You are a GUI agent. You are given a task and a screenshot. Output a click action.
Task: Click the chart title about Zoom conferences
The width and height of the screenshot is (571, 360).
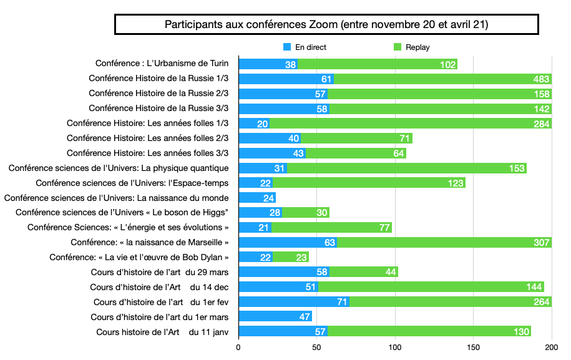coord(326,25)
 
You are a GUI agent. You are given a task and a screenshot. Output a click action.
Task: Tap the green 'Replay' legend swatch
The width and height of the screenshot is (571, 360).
coord(398,47)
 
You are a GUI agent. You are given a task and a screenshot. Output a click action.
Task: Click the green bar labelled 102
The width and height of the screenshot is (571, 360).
coord(378,64)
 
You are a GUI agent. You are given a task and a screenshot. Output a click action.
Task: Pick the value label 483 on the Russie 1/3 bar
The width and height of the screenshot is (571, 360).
coord(541,79)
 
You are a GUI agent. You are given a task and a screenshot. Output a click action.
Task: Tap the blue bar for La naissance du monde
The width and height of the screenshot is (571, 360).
coord(257,198)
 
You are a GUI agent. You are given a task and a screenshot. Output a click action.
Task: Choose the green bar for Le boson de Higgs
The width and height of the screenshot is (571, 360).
coord(306,213)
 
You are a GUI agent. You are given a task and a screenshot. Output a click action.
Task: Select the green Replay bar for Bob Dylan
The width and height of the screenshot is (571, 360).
coord(291,257)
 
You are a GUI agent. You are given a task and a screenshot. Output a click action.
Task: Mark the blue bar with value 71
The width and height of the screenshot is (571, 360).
coord(293,302)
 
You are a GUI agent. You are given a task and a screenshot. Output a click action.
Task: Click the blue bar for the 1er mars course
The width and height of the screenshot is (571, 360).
coord(275,317)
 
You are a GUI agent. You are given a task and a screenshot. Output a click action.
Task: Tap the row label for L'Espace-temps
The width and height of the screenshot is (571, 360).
coord(132,183)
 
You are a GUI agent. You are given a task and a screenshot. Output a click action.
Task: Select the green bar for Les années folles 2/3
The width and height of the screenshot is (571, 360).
coord(356,138)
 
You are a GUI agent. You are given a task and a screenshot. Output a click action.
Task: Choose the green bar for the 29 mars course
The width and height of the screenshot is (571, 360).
coord(364,272)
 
